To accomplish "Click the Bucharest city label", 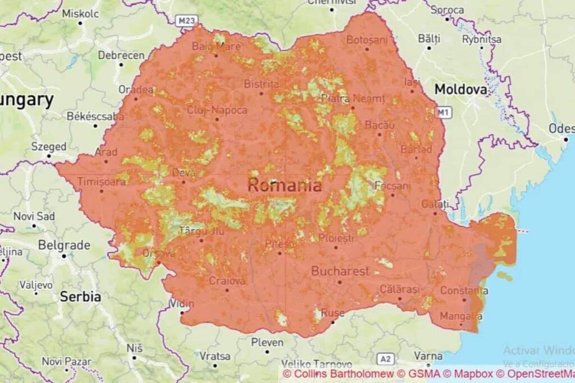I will pos(340,271).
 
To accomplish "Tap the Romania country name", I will pos(285,186).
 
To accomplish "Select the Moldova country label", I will pos(460,89).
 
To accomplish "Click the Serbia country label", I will pos(81,297).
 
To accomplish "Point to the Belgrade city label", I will pos(64,246).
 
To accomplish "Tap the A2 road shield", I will pos(385,358).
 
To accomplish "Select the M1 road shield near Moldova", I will pos(444,113).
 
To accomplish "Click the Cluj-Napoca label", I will pos(217,109).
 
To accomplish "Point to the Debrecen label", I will pos(121,56).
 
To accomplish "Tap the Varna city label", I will pos(428,356).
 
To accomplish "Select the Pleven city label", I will pos(267,342).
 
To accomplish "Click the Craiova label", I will pos(227,281).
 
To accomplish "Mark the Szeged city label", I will pos(48,146).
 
